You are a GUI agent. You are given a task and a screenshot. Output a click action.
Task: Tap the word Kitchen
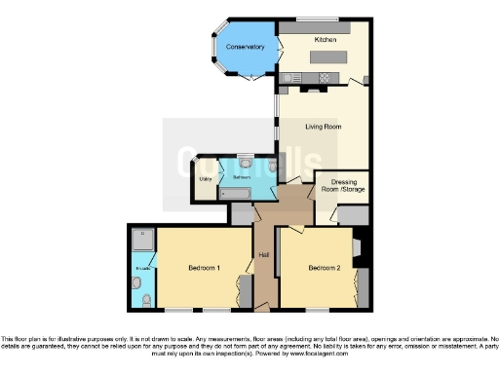[x=325, y=39]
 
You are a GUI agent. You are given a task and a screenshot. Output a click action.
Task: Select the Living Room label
[x=323, y=126]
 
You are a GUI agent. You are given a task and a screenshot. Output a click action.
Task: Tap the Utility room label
[x=205, y=179]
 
